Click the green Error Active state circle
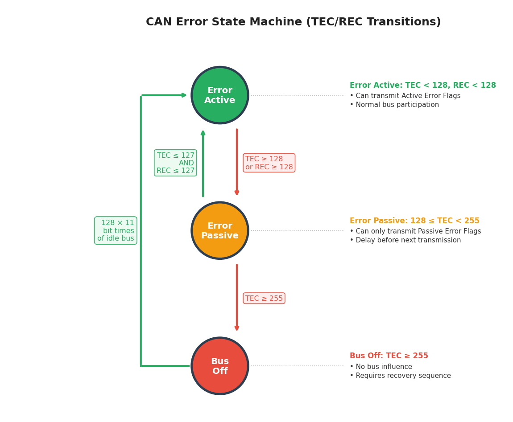(x=219, y=95)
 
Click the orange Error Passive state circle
(x=219, y=231)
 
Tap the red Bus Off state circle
(x=219, y=366)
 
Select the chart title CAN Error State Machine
(x=293, y=22)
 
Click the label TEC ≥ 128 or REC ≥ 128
(x=269, y=163)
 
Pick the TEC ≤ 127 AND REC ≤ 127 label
(x=175, y=163)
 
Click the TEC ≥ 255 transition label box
(x=264, y=299)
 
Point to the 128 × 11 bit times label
(x=116, y=231)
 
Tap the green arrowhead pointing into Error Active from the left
(x=183, y=95)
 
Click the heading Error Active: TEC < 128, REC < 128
(x=422, y=86)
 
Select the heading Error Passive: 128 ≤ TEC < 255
(x=414, y=221)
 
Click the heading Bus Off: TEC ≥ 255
(x=389, y=356)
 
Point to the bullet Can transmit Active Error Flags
(x=405, y=96)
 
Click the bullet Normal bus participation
(x=394, y=105)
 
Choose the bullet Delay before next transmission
(x=405, y=240)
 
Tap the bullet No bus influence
(x=381, y=367)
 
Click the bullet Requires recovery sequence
(x=400, y=376)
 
